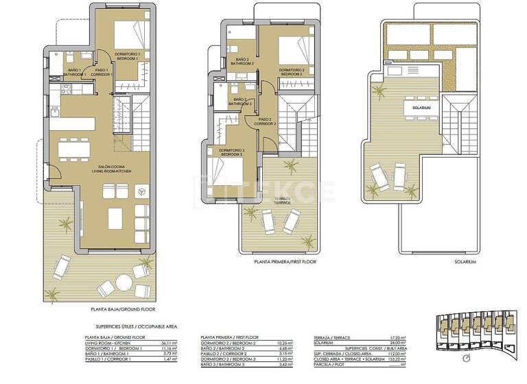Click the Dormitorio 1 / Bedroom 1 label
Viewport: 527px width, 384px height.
(x=127, y=56)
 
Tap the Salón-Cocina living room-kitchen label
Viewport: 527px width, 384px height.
(x=115, y=169)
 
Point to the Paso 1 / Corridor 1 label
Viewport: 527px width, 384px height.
(x=104, y=72)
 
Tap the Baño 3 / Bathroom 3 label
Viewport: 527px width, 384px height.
(x=239, y=101)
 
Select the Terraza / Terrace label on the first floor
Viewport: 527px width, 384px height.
(x=283, y=200)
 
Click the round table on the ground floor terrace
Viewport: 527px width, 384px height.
(x=124, y=282)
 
